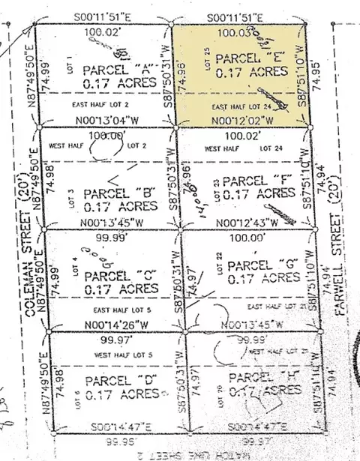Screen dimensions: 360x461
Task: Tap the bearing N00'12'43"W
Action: [247, 223]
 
